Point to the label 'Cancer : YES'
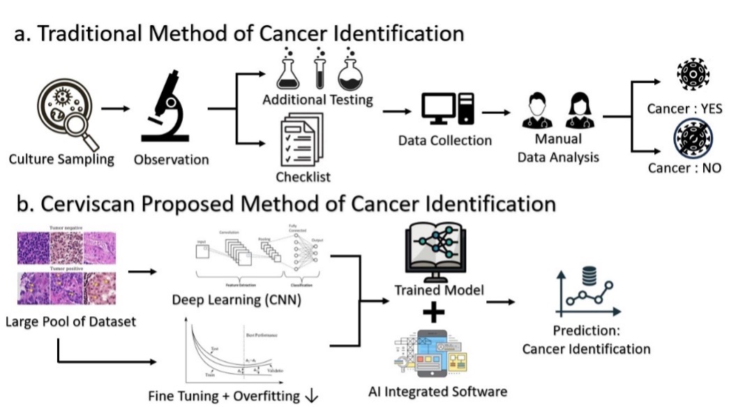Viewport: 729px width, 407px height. pos(684,109)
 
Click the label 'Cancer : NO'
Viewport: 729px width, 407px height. pos(684,168)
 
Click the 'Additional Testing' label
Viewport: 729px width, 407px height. pos(317,101)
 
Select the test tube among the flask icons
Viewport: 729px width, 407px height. pos(320,68)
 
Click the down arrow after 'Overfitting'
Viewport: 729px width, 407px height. pos(311,396)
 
